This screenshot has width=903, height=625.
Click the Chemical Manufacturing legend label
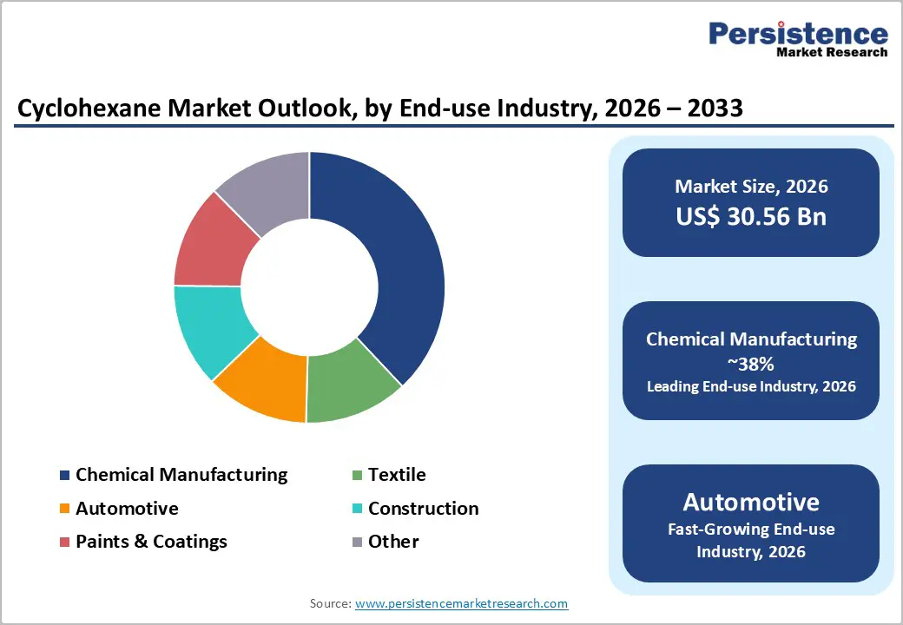point(181,475)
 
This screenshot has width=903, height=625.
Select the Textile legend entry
point(397,475)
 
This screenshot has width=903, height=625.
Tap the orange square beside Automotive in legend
point(64,509)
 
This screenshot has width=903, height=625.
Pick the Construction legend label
point(423,509)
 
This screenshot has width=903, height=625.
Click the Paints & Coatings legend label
point(151,542)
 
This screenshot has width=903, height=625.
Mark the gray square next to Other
point(357,543)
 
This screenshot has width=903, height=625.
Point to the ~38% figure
point(751,363)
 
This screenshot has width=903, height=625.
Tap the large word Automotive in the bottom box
point(751,503)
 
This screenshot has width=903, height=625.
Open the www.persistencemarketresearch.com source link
point(461,603)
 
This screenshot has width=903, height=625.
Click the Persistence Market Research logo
point(798,39)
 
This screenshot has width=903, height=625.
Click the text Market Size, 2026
point(751,186)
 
